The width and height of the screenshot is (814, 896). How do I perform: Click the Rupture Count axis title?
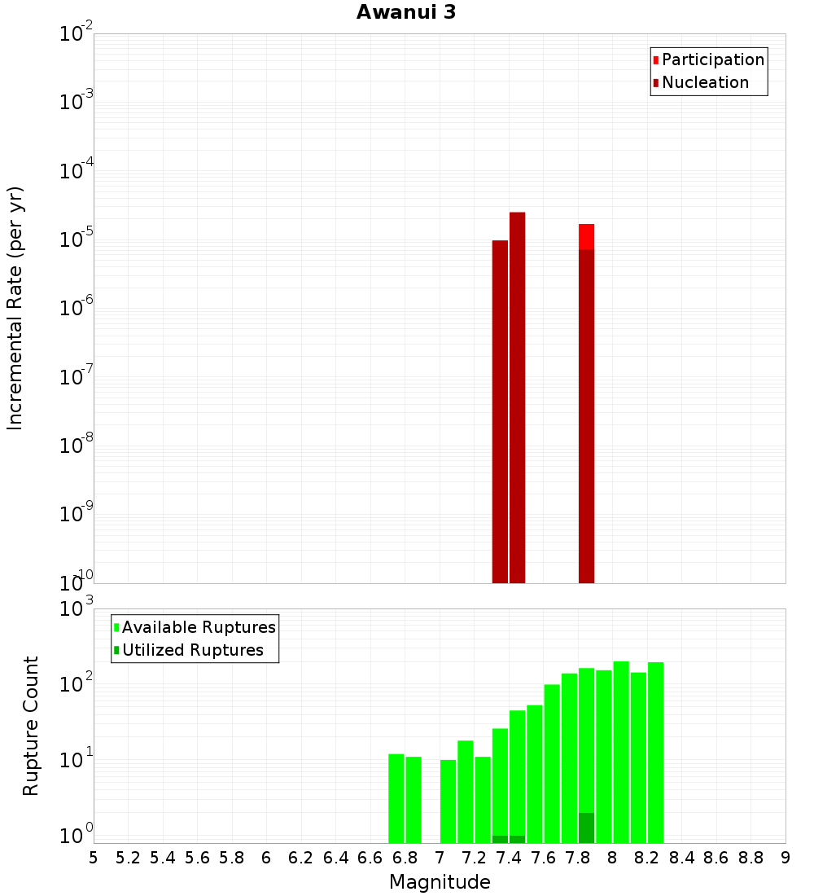point(31,726)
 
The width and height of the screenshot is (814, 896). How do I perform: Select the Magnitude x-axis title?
point(440,882)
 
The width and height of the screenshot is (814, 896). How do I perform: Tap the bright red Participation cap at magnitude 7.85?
point(586,236)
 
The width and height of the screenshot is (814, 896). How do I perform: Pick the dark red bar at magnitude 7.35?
point(500,407)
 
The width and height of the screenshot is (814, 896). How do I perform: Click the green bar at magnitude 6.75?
point(396,798)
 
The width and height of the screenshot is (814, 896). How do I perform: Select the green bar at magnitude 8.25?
point(655,749)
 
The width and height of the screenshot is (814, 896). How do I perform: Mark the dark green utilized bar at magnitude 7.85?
point(586,828)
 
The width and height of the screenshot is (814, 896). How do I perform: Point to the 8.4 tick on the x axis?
point(682,858)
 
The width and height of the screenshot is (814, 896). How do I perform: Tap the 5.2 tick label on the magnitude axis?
point(128,858)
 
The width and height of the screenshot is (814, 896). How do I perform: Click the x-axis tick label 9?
point(786,858)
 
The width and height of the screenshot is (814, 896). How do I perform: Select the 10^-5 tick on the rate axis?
point(74,239)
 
